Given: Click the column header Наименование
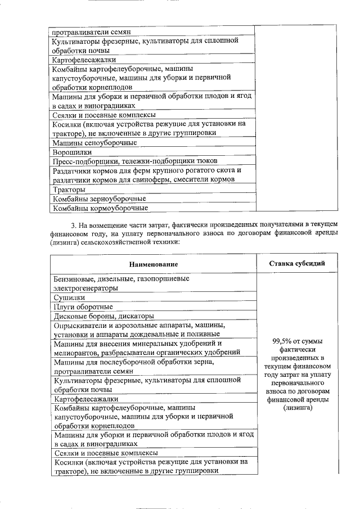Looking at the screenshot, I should [x=153, y=264].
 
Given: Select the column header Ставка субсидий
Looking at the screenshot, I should [x=296, y=263].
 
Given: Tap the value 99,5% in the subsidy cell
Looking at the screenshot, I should [x=283, y=340].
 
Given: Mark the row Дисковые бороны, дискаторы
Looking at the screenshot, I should [x=103, y=316].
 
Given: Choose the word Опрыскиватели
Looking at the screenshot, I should [x=82, y=325].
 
